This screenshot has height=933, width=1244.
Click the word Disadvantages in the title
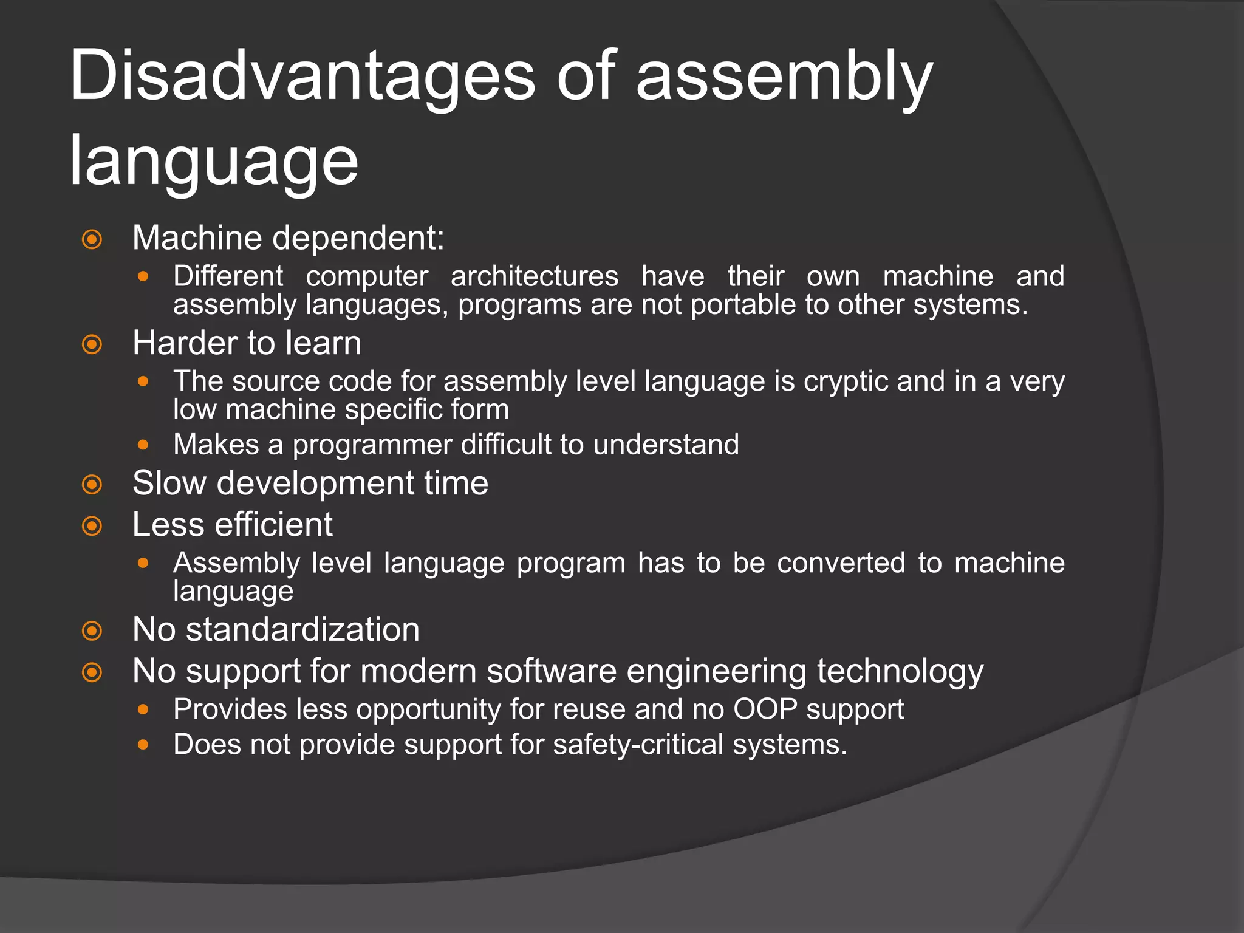pos(302,77)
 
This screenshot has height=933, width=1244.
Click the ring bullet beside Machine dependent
pos(92,239)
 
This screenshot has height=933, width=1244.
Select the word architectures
pos(534,276)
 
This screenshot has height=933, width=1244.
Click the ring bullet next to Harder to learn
pos(92,345)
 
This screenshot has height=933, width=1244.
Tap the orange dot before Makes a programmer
pos(143,445)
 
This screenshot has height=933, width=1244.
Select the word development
pos(316,484)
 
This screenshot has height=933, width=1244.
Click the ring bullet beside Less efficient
pos(92,525)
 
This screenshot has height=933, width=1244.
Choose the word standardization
pos(302,630)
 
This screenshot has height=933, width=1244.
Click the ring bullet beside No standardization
pos(92,631)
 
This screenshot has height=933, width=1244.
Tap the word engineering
pos(717,672)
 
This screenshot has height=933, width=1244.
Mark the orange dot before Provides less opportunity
pos(143,709)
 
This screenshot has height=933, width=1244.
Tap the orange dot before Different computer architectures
pos(143,276)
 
